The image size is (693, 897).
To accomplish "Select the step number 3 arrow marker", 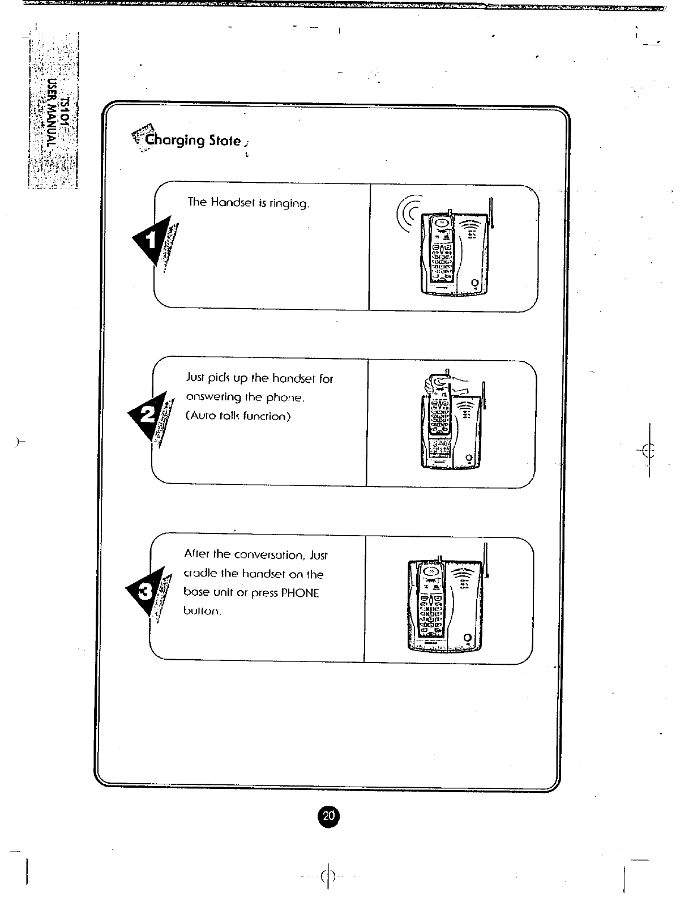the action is coord(145,592).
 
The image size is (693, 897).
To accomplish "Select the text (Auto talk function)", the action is coord(238,416).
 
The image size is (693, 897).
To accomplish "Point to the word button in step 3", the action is coord(201,612).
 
